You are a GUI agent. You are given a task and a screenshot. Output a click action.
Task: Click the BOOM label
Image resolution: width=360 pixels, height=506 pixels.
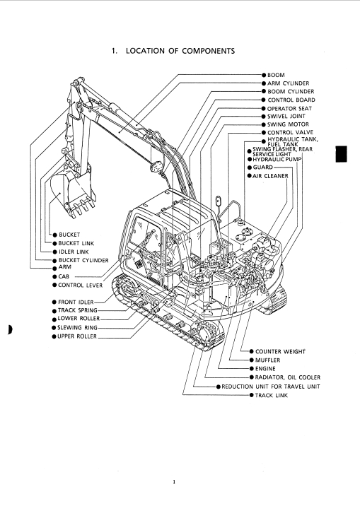tap(276, 75)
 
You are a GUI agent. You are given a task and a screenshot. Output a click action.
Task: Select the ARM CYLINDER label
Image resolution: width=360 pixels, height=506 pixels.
tap(288, 83)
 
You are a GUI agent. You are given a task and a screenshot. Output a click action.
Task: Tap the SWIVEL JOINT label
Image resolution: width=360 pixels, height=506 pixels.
tap(286, 116)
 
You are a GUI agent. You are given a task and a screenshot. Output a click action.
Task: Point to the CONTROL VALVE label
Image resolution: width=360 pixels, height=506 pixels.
tap(290, 132)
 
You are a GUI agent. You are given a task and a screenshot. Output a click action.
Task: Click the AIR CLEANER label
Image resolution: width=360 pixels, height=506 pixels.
tap(270, 176)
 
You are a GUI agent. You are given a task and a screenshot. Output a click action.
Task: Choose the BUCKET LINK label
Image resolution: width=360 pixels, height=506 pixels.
tap(76, 243)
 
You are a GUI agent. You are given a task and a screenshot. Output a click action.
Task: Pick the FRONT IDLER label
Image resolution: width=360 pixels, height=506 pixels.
tap(76, 302)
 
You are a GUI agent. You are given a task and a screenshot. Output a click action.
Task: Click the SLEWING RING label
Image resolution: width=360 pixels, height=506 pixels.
tap(77, 327)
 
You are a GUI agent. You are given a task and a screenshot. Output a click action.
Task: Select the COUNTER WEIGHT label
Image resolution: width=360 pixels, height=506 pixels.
tap(280, 351)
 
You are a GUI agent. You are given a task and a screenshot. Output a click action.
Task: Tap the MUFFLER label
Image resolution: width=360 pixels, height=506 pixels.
tap(267, 360)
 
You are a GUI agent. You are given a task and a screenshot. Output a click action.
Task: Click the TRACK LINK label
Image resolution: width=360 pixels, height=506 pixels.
tap(271, 395)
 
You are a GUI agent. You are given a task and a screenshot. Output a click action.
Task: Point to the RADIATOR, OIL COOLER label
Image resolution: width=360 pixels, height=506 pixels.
tap(288, 377)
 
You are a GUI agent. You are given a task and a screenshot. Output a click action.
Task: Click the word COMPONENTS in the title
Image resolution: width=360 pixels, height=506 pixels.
tap(208, 51)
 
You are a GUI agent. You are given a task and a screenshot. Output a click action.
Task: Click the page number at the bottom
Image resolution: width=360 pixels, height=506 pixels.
tap(174, 483)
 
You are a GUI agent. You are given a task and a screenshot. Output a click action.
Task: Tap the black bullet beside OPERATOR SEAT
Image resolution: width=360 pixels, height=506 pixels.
tap(264, 108)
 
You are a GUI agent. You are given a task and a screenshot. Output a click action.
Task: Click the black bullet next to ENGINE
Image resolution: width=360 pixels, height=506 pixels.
tap(252, 368)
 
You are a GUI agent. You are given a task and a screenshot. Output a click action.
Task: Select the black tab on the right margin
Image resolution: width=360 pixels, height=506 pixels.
tap(342, 154)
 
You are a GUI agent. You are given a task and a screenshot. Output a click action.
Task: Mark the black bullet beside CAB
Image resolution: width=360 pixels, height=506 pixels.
tap(54, 276)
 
